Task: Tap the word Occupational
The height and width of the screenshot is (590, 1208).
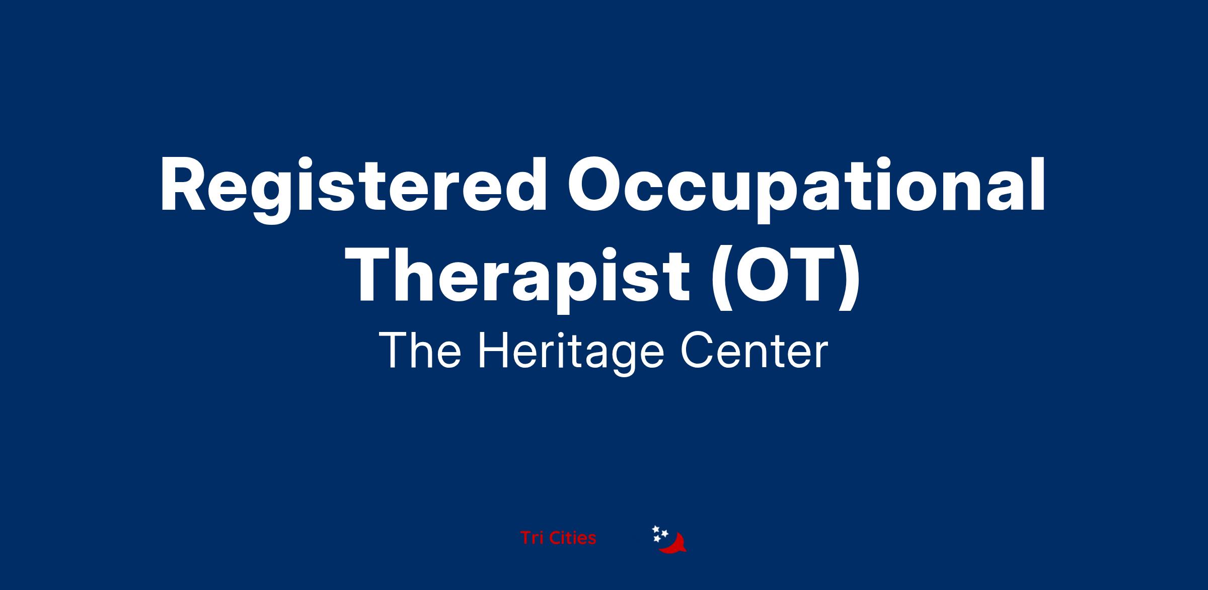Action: pos(807,189)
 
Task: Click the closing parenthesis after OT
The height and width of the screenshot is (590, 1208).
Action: pos(850,281)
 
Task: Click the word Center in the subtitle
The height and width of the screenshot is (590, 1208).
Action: pos(754,351)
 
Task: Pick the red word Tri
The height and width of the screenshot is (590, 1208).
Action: pos(532,538)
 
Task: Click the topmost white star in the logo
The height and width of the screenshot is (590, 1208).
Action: pos(656,529)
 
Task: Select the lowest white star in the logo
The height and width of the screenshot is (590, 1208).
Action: pos(657,539)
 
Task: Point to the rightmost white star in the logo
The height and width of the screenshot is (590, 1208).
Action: pos(664,533)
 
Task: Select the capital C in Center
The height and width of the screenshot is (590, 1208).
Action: pos(698,351)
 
